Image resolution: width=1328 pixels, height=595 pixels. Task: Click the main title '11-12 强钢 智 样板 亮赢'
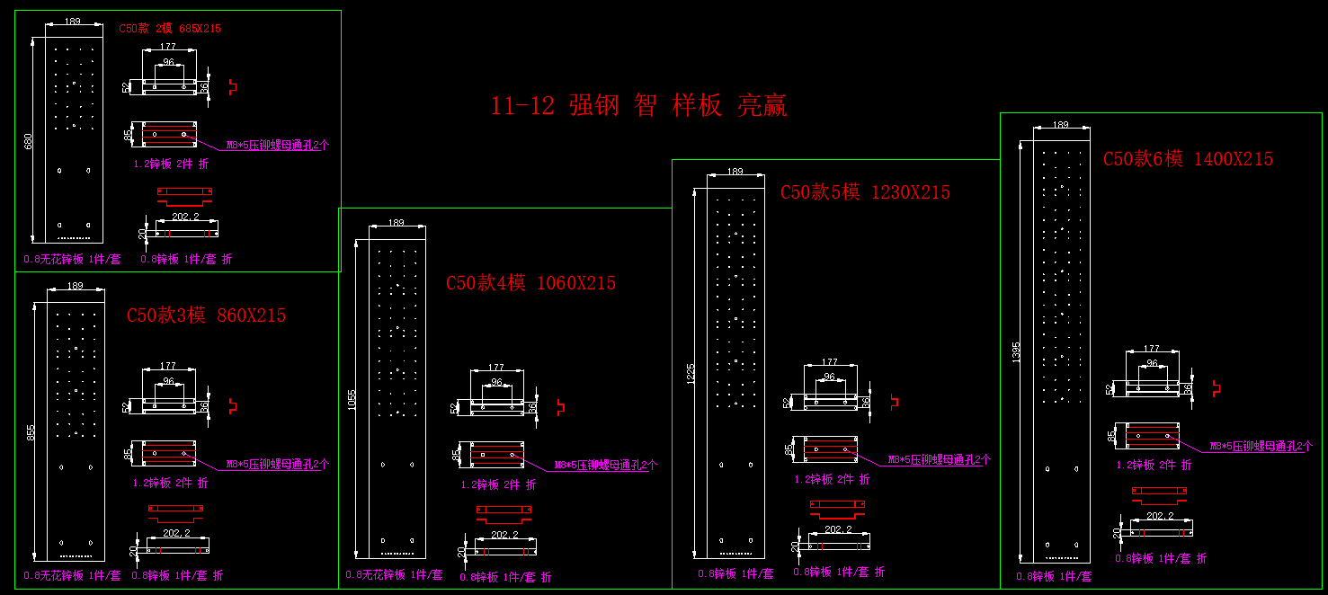tap(638, 106)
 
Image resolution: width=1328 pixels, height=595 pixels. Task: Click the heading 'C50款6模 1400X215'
tap(1188, 159)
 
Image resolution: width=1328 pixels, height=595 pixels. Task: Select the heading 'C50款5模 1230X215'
tap(865, 192)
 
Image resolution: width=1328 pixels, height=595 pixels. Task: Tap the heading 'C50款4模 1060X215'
tap(530, 283)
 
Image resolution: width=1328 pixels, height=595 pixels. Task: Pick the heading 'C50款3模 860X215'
tap(206, 315)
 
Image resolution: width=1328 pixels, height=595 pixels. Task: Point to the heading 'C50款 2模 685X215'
tap(170, 29)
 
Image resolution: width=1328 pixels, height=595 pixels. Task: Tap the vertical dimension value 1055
tap(352, 399)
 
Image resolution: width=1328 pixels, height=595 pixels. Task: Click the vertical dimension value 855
tap(31, 432)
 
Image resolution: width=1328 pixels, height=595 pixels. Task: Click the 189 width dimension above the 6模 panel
tap(1060, 125)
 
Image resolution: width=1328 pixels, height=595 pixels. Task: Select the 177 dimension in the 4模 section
tap(495, 368)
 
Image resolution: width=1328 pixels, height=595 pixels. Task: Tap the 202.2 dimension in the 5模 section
tap(838, 529)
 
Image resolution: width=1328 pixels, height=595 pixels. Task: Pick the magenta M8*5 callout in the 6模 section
tap(1261, 446)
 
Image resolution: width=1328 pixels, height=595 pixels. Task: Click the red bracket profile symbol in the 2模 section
tap(232, 87)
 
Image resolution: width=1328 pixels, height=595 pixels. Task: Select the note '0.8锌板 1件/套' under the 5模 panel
tap(735, 573)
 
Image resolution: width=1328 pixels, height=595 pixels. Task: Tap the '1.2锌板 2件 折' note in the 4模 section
tap(498, 484)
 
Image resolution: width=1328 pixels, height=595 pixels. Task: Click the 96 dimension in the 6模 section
tap(1152, 363)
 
